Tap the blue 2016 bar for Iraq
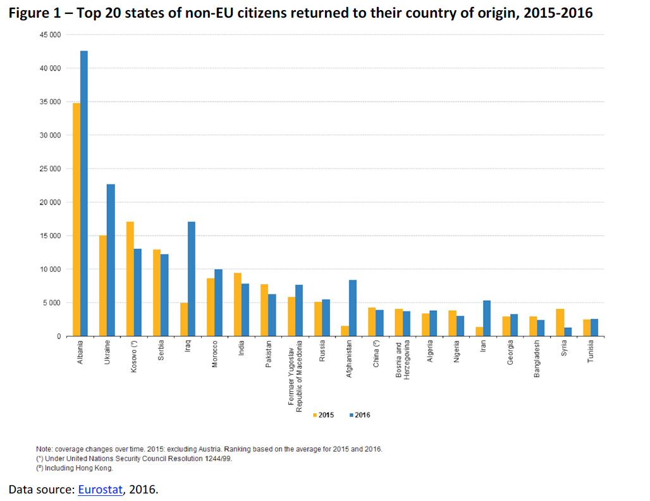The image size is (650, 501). [192, 279]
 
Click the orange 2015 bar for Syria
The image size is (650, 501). [560, 322]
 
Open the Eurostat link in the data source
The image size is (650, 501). [101, 489]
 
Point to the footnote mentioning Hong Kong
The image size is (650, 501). [78, 468]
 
